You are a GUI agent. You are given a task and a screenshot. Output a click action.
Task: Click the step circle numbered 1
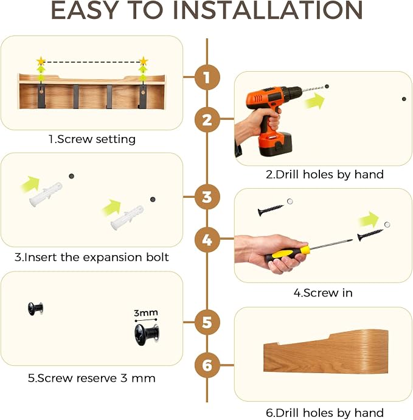[x=207, y=77]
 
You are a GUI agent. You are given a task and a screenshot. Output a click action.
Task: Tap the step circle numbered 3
[x=207, y=197]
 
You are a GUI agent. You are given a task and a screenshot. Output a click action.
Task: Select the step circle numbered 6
[x=207, y=365]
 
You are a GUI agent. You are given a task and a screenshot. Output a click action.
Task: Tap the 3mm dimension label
[x=145, y=313]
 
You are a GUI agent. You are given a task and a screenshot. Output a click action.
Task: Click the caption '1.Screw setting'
[x=92, y=139]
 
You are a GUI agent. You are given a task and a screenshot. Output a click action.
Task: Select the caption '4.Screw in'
[x=323, y=293]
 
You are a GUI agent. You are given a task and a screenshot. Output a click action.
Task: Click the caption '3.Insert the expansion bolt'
[x=91, y=257]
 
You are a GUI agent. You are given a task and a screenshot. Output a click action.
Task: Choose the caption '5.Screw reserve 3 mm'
[x=91, y=378]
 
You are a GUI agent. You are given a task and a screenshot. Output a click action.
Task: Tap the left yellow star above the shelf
[x=41, y=61]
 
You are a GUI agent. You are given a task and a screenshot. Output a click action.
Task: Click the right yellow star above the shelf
[x=144, y=61]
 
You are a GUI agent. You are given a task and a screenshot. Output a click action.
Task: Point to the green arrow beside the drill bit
[x=315, y=101]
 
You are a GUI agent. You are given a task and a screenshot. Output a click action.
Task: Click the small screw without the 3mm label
[x=35, y=309]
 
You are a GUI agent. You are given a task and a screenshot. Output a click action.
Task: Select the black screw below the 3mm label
[x=147, y=334]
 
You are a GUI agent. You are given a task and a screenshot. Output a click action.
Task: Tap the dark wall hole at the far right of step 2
[x=404, y=99]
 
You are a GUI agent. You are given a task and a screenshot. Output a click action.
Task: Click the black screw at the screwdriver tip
[x=370, y=235]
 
